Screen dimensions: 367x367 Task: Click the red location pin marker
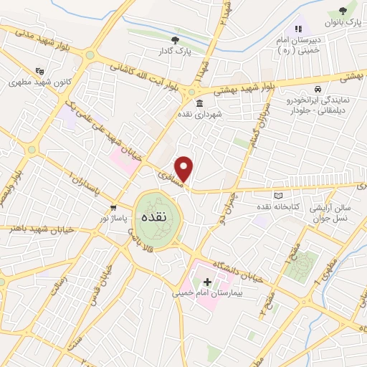[x=185, y=168]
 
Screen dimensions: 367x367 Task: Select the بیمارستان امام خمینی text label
[x=207, y=292]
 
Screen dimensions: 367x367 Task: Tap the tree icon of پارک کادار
[x=175, y=40]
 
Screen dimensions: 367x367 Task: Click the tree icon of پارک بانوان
[x=342, y=11]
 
